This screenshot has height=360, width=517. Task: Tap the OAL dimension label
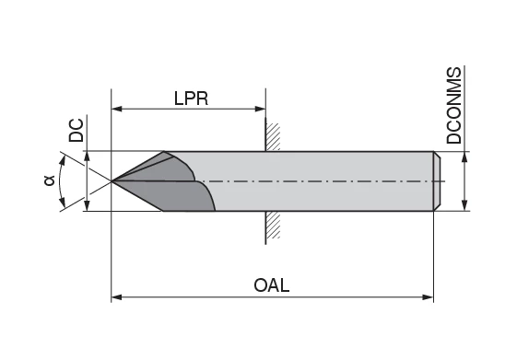pos(272,285)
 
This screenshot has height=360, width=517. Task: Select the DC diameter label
pos(76,130)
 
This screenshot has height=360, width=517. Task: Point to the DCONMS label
pos(454,105)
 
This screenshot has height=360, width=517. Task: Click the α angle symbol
pos(49,181)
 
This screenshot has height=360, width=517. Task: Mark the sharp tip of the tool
pos(112,181)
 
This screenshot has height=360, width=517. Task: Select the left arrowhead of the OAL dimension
pos(117,297)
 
